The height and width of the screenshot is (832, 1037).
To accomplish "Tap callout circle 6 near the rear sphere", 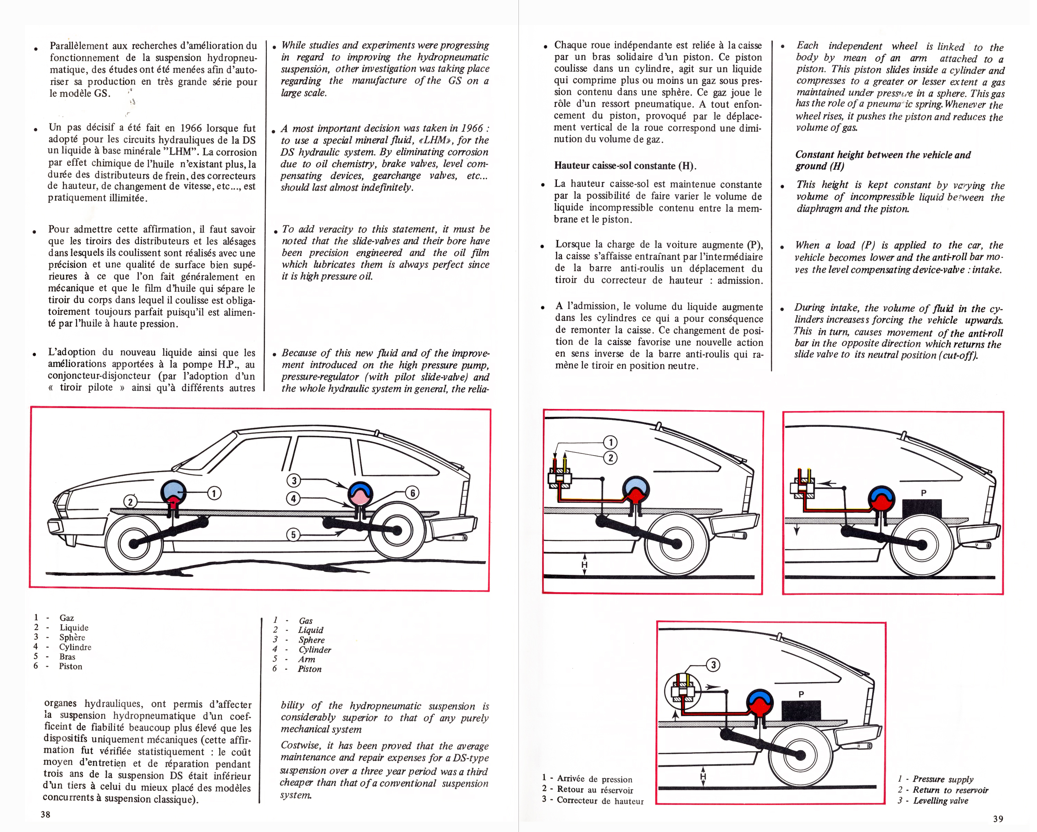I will (x=412, y=493).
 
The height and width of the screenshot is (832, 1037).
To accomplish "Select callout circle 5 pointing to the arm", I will (x=293, y=534).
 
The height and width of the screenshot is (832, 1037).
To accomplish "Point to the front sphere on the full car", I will (x=174, y=492).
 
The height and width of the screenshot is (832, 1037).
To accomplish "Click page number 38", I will (x=45, y=814).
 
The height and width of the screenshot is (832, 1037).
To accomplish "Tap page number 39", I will (x=998, y=819).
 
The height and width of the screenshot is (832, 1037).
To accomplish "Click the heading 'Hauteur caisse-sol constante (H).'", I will (x=625, y=166).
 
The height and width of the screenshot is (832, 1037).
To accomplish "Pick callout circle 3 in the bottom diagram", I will (x=713, y=665).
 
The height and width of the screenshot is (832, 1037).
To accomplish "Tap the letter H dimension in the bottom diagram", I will (x=703, y=776).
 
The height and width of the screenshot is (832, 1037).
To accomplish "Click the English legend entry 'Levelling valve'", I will (x=940, y=801).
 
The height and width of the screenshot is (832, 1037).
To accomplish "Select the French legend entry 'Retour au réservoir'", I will (x=595, y=790).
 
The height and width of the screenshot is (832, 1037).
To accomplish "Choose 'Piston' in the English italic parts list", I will (x=309, y=669).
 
